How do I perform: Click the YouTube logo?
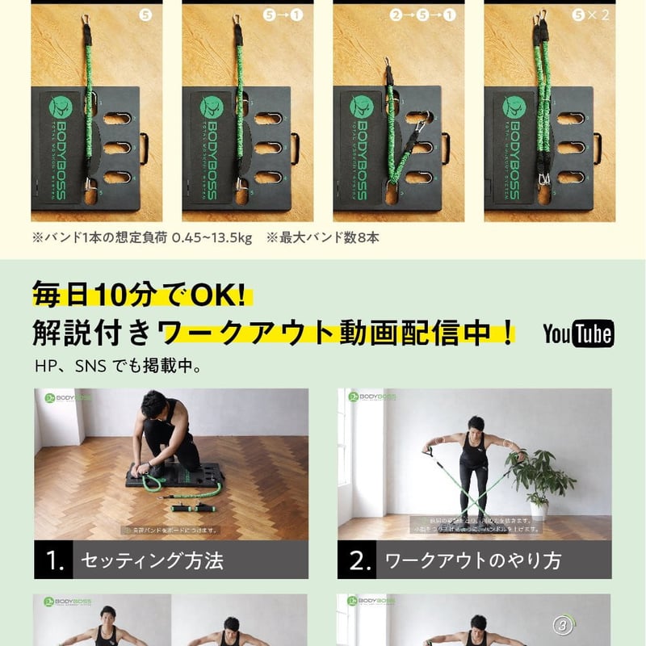(x=577, y=333)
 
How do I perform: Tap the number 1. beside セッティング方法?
(x=55, y=560)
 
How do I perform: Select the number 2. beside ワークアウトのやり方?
(x=359, y=560)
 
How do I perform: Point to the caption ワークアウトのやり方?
(x=472, y=560)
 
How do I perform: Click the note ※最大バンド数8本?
(x=322, y=237)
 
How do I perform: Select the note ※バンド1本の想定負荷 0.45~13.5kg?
(x=141, y=237)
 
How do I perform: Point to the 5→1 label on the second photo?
(x=283, y=15)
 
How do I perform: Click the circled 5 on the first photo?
(x=145, y=15)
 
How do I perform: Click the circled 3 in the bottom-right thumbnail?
(x=564, y=624)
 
